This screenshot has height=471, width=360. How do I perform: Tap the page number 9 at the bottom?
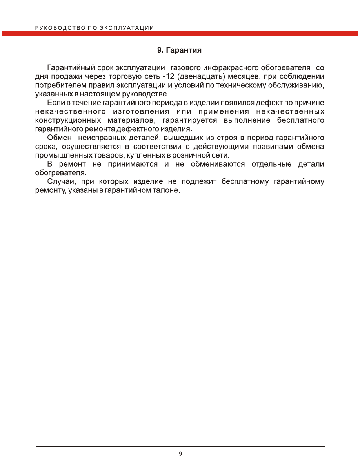[180, 454]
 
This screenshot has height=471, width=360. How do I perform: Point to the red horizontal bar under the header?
[180, 33]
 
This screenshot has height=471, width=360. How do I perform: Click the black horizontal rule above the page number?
[180, 446]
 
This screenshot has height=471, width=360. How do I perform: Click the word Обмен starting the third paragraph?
[59, 138]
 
